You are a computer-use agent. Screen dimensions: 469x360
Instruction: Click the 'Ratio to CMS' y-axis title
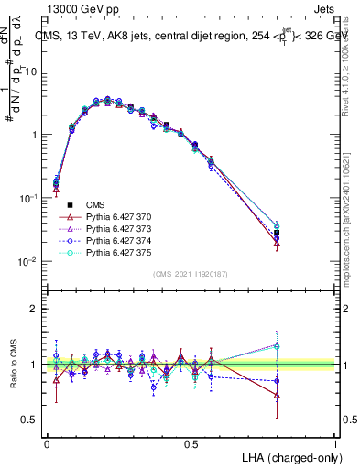12,365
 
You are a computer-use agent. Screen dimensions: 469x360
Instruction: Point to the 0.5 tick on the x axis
191,442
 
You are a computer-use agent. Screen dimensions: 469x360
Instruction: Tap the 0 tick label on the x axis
47,442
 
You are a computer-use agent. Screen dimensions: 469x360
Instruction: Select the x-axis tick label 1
335,442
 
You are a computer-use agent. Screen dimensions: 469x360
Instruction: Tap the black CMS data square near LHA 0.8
277,233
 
